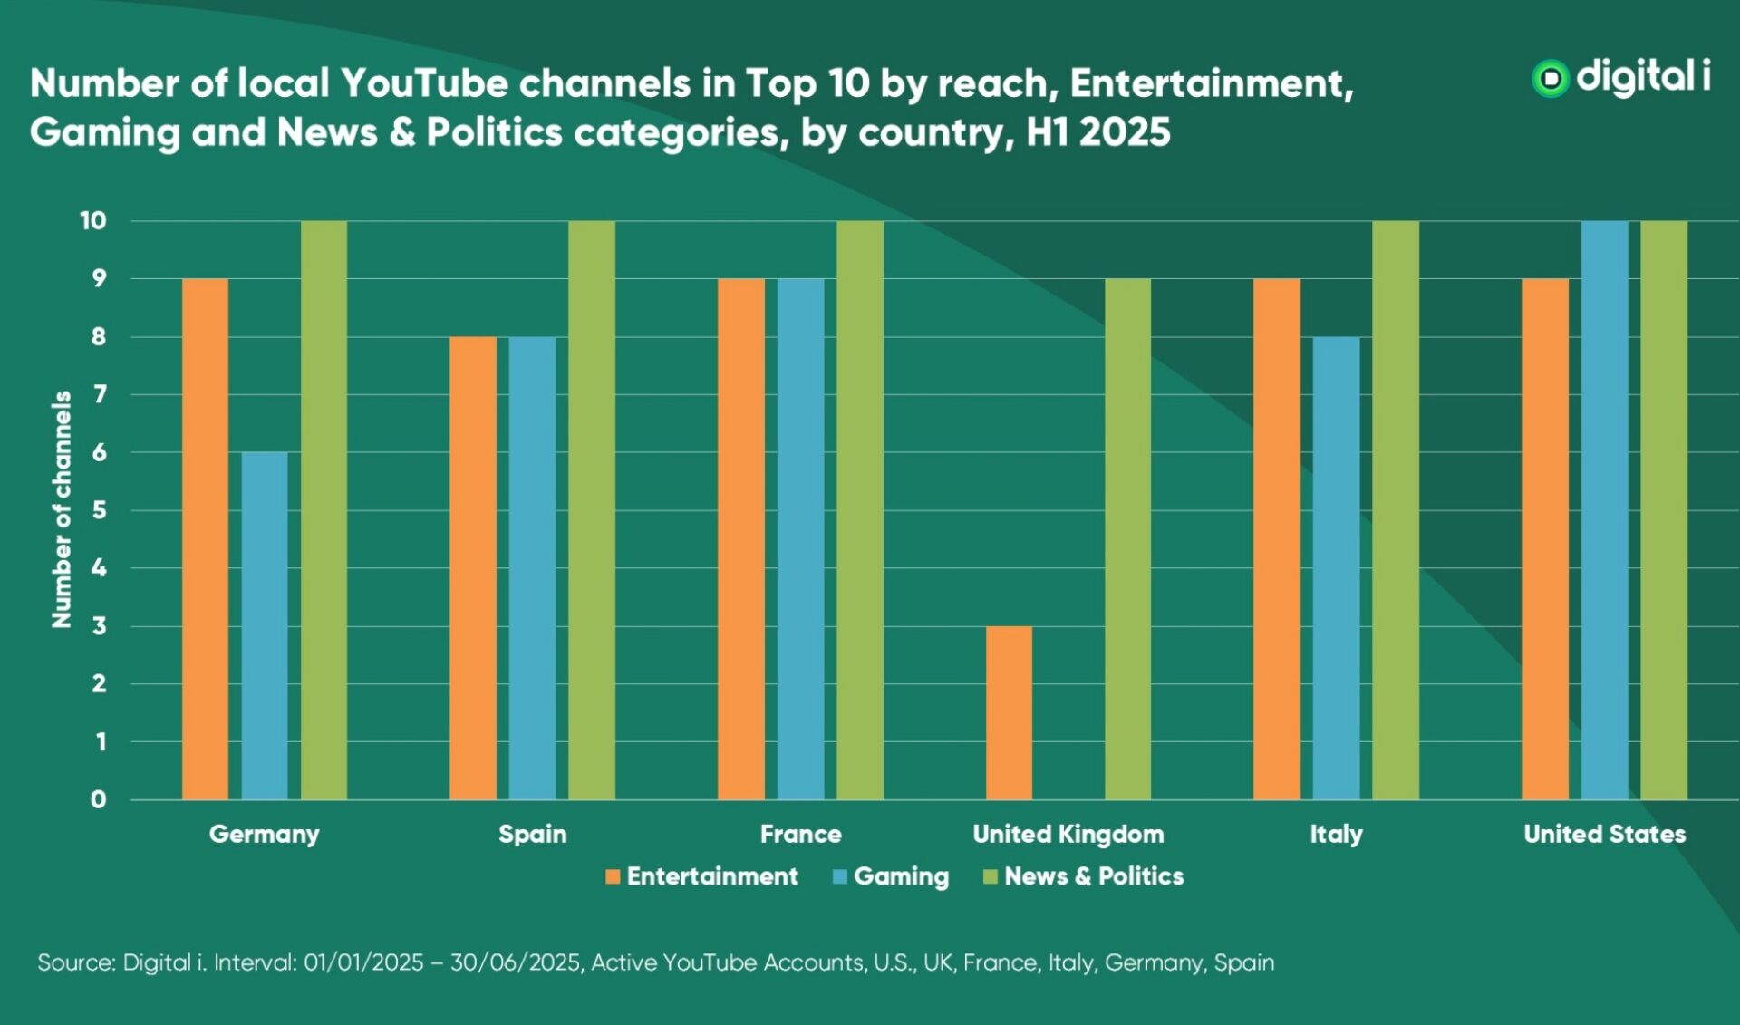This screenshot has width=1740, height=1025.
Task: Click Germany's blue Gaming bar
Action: pyautogui.click(x=265, y=625)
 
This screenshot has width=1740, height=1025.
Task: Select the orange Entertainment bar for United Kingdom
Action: pyautogui.click(x=1009, y=712)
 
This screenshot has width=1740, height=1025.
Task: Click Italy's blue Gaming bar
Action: pyautogui.click(x=1336, y=567)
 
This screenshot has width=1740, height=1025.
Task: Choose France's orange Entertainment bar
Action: pyautogui.click(x=740, y=538)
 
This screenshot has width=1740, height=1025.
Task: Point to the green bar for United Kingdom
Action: pyautogui.click(x=1127, y=538)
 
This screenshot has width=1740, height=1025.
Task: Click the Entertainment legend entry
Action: pyautogui.click(x=702, y=876)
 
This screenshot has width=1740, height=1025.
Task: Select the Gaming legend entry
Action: pyautogui.click(x=891, y=876)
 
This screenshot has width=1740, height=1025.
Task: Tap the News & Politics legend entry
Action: pyautogui.click(x=1084, y=876)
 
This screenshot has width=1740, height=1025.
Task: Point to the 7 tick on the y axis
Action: pyautogui.click(x=99, y=394)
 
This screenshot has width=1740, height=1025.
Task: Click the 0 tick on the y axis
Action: pyautogui.click(x=98, y=799)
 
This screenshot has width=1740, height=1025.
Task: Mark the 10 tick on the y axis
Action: pyautogui.click(x=92, y=220)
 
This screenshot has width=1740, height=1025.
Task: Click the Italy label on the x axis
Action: pyautogui.click(x=1336, y=834)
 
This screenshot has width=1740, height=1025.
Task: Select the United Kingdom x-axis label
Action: pyautogui.click(x=1068, y=834)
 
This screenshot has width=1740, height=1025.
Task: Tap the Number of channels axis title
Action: pyautogui.click(x=61, y=509)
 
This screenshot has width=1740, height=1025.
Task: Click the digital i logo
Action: pyautogui.click(x=1620, y=78)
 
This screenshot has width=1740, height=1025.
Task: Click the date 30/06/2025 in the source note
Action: pyautogui.click(x=515, y=962)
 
